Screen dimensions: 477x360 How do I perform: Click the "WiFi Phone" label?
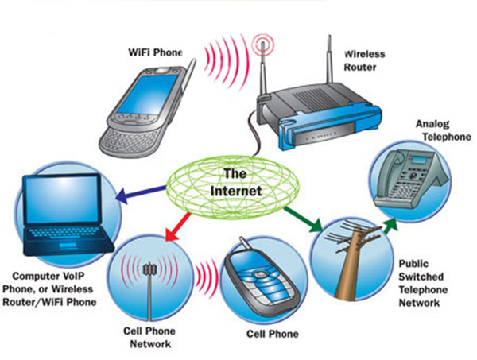click(x=155, y=52)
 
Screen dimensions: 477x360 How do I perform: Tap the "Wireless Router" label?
click(x=364, y=60)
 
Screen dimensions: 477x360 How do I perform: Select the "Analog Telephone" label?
click(x=444, y=130)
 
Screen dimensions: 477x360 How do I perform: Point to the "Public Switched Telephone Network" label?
click(x=423, y=283)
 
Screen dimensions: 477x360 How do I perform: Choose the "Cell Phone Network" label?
click(x=149, y=338)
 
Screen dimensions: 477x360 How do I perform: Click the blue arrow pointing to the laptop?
click(x=141, y=193)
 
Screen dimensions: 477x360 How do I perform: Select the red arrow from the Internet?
click(x=178, y=226)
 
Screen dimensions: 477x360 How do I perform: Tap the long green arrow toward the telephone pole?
click(x=303, y=219)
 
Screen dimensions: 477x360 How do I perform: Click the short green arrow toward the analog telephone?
click(x=390, y=226)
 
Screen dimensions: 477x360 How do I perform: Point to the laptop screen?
click(x=62, y=199)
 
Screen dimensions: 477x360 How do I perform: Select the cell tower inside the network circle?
click(x=149, y=288)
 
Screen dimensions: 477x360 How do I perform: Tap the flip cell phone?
click(x=262, y=278)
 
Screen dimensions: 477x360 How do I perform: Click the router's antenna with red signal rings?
click(x=263, y=67)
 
